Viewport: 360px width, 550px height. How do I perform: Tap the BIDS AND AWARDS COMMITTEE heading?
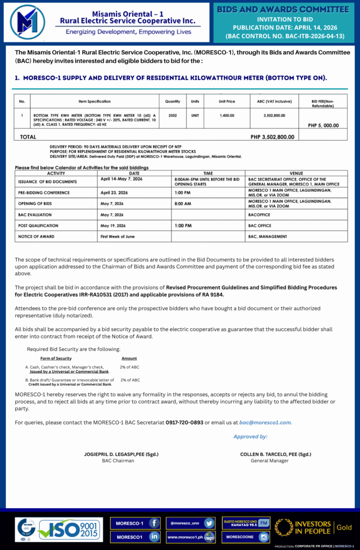(283, 9)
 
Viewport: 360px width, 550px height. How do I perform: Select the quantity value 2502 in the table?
(172, 115)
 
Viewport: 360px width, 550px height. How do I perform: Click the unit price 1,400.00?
(227, 115)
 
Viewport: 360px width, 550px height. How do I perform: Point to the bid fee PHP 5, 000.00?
(323, 125)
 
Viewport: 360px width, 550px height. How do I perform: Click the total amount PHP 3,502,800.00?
(272, 137)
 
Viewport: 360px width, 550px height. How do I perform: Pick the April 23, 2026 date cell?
(114, 192)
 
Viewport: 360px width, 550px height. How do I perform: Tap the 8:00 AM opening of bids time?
(183, 204)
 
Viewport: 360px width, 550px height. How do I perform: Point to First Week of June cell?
(118, 236)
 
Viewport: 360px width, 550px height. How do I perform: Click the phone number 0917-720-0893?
(184, 423)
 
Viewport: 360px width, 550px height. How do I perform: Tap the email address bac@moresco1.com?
(265, 423)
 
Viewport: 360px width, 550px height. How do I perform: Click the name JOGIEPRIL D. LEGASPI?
(113, 454)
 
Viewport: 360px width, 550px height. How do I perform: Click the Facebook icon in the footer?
(154, 523)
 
